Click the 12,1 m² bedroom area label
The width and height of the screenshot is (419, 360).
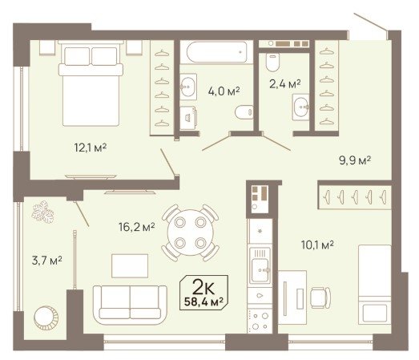pos(91,148)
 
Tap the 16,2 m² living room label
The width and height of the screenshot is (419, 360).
pos(136,227)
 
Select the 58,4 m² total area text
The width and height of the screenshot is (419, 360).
pos(203,301)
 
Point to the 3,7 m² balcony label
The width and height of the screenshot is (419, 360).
pos(47,261)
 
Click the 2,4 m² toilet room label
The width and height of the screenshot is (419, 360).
pos(285,84)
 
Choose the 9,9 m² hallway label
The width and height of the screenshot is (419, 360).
pos(355,160)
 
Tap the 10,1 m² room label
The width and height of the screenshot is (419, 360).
pos(317,245)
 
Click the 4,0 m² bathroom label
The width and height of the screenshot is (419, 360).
pos(224,91)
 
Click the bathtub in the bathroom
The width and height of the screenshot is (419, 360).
pos(216,52)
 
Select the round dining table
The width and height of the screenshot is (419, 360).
pos(191,233)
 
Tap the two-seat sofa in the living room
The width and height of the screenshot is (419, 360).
pos(130,305)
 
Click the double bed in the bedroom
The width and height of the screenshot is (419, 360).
pos(91,83)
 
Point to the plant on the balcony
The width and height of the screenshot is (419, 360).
pos(42,212)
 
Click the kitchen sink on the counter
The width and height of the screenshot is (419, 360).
pos(260,265)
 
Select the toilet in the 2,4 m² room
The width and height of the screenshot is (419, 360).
pos(273,62)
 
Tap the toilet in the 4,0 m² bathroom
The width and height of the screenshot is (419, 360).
pos(244,112)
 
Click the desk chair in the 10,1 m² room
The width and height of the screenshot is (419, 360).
pos(320,297)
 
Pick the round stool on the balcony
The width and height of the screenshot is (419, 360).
pos(46,318)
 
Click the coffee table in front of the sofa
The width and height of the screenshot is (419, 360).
pos(130,266)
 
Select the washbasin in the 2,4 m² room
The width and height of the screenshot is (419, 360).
pos(301,107)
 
